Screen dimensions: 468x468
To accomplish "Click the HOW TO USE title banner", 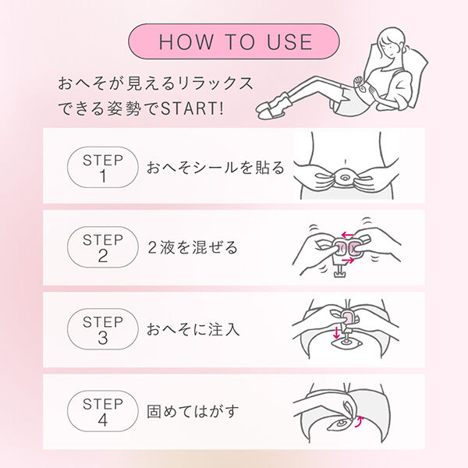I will point(234,41).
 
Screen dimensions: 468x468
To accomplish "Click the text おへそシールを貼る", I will point(215,168).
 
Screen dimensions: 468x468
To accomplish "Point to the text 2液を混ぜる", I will point(192,248).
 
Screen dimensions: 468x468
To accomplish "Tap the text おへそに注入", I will point(193,328).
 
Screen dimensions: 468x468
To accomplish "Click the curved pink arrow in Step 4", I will point(360,422).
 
